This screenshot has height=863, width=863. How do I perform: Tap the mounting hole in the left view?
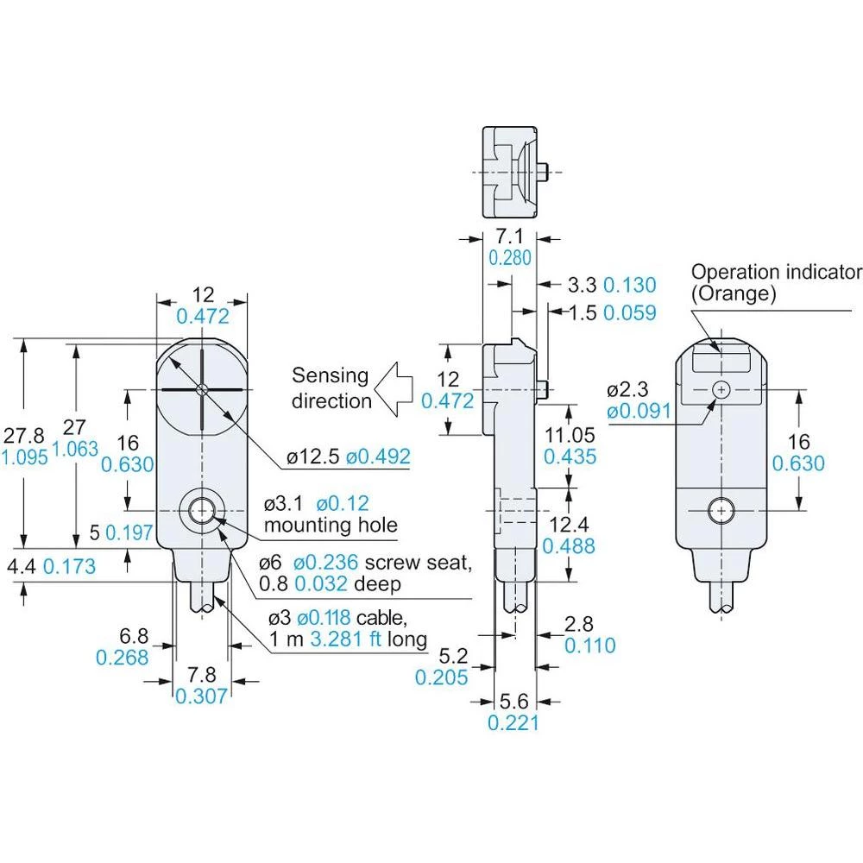[202, 509]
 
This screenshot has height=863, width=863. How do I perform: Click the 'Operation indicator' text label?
[776, 272]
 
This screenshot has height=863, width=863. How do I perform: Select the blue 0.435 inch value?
[570, 457]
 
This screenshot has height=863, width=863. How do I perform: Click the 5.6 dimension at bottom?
[513, 701]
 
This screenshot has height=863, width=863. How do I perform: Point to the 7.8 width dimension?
[201, 674]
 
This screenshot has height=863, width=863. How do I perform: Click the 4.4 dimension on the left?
[20, 567]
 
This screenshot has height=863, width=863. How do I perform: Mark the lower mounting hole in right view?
[719, 511]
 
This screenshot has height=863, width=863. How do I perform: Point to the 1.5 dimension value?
[584, 312]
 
